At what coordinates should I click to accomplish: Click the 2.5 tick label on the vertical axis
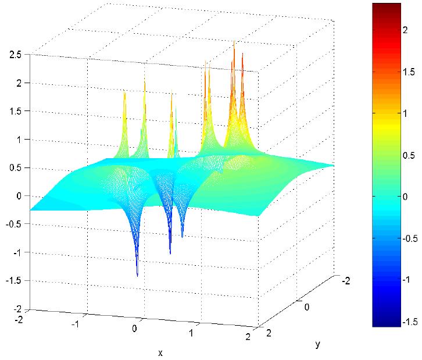pos(15,55)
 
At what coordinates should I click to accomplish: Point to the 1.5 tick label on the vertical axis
pos(15,111)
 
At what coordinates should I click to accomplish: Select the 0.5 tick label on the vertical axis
pos(15,167)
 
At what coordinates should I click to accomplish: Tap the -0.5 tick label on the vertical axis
pos(14,224)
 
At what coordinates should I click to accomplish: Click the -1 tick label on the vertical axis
pos(16,252)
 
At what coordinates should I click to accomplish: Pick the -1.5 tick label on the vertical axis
pos(14,281)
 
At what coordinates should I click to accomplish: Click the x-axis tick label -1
pos(76,324)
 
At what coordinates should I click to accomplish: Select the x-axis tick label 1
pos(191,333)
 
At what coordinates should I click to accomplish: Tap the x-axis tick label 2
pos(248,337)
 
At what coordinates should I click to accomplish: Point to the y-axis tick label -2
pos(346,281)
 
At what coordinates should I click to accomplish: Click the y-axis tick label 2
pos(269,333)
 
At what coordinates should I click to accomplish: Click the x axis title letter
pos(160,353)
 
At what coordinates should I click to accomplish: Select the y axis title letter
pos(318,344)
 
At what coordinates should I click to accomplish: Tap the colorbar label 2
pos(405,30)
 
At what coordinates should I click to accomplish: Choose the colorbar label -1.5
pos(410,322)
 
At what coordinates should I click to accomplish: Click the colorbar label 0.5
pos(409,155)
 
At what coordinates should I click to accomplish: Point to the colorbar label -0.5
pos(410,238)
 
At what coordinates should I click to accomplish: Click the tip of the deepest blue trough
pos(138,276)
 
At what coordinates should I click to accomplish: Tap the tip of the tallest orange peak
pos(234,41)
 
